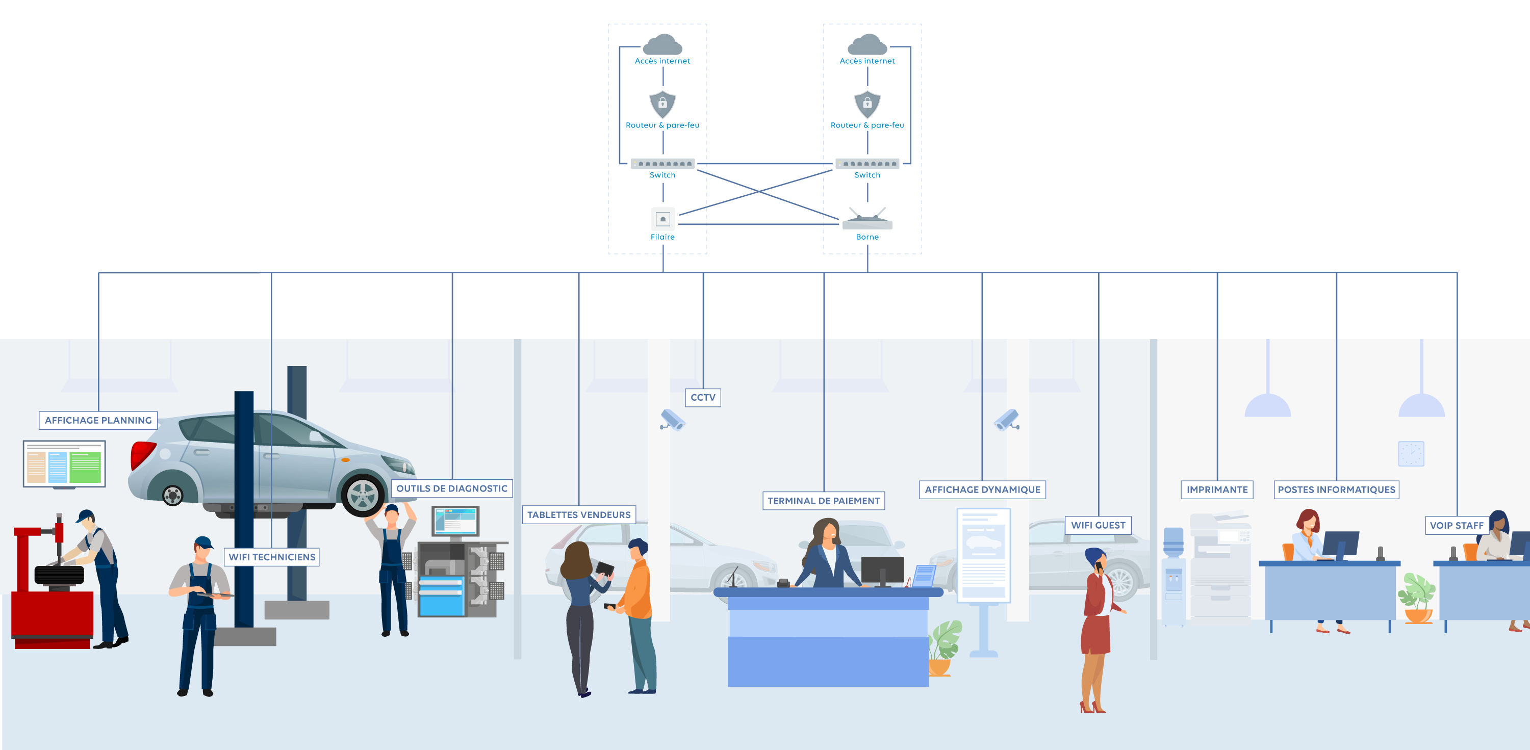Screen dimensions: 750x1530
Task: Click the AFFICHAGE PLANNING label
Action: [x=98, y=420]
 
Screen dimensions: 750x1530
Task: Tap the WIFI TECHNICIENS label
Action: [x=272, y=556]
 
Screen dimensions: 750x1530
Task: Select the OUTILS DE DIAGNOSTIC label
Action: [x=451, y=488]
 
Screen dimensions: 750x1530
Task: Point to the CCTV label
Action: [x=703, y=397]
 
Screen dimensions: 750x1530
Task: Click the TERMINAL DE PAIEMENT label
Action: [x=823, y=501]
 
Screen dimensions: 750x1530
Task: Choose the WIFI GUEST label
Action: [x=1098, y=525]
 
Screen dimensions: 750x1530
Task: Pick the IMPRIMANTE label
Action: [x=1216, y=489]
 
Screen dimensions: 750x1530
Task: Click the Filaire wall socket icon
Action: [x=663, y=219]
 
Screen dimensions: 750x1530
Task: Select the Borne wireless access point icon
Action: [x=867, y=220]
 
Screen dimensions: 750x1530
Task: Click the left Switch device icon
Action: [x=662, y=163]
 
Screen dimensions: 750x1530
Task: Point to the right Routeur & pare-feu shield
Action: [x=867, y=104]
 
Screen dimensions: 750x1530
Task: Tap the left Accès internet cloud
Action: [x=663, y=44]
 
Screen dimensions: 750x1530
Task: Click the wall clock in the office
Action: [x=1411, y=454]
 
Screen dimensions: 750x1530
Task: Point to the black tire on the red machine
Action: [x=59, y=575]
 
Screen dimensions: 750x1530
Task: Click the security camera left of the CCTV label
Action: [x=673, y=419]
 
